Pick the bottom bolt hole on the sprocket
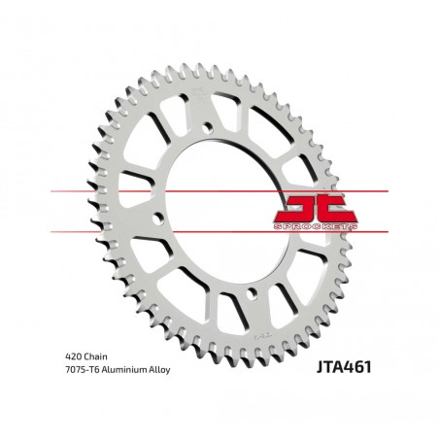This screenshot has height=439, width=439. pos(253,292)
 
